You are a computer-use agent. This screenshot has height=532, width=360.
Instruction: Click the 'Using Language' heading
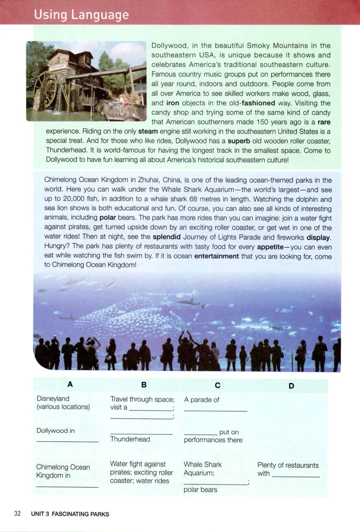[81, 15]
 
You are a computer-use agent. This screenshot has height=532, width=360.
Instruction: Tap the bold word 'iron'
[173, 103]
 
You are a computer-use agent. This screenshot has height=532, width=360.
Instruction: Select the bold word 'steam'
[148, 131]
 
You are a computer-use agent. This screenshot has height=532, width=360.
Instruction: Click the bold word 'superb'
[239, 141]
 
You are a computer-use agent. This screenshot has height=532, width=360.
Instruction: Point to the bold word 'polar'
[108, 218]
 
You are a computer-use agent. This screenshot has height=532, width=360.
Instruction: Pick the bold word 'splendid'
[167, 237]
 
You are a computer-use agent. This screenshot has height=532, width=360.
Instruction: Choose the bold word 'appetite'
[270, 247]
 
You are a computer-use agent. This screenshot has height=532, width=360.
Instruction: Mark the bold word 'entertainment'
[216, 256]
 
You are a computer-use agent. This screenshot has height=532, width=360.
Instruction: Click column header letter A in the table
[70, 384]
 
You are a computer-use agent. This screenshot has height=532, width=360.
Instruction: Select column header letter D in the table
[291, 386]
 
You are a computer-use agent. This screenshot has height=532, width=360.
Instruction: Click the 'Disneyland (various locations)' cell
[63, 402]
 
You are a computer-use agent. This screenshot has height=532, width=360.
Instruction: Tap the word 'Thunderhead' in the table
[130, 439]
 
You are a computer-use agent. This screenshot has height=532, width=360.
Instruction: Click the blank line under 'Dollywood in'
[67, 441]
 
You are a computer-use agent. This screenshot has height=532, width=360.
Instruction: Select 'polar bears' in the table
[200, 489]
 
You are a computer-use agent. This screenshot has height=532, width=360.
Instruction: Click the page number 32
[17, 513]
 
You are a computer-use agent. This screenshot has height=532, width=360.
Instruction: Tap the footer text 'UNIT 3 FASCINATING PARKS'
[70, 514]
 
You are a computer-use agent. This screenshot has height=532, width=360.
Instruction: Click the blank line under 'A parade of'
[215, 410]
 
